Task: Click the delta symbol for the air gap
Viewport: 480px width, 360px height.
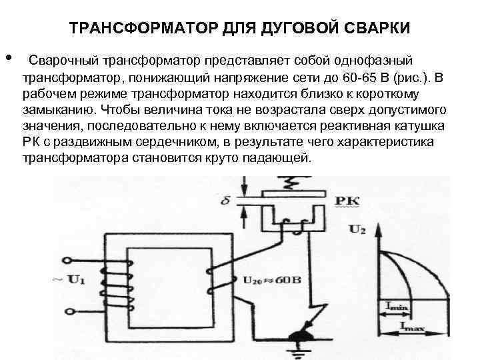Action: click(x=225, y=199)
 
